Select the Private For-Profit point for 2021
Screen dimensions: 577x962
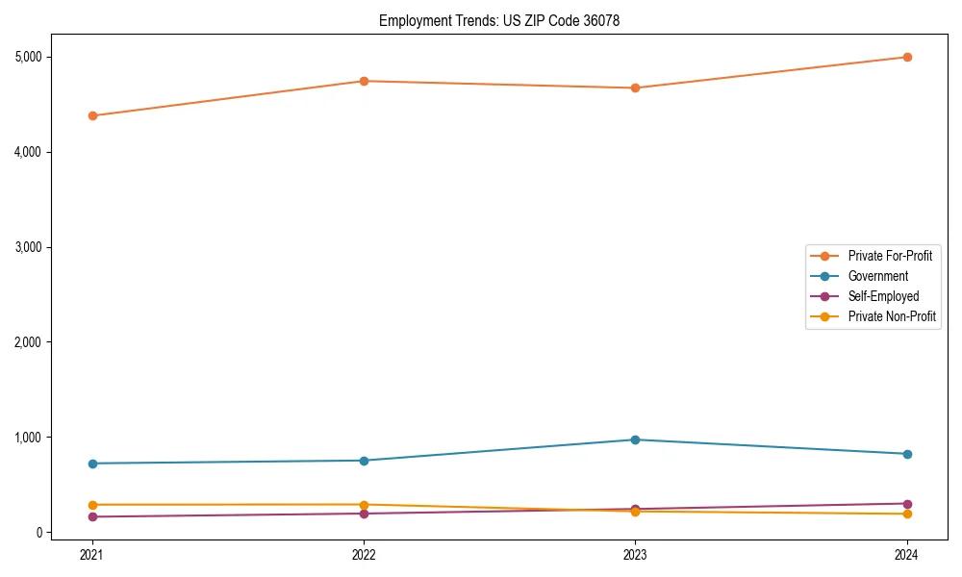pos(92,115)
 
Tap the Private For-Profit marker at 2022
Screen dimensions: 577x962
pos(364,81)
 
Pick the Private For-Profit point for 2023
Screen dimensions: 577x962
pos(635,88)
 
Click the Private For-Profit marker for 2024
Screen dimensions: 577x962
pos(906,57)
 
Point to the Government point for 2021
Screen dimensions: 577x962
pos(92,464)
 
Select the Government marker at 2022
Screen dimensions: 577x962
pos(364,461)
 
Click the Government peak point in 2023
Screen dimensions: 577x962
pos(635,439)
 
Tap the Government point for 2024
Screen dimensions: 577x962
pos(906,454)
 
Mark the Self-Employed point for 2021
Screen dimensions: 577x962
pos(92,516)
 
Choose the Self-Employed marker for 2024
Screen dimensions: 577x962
pos(906,504)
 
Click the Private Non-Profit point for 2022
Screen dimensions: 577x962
pos(364,505)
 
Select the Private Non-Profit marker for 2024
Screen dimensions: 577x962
pos(906,514)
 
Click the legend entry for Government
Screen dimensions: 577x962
pos(877,276)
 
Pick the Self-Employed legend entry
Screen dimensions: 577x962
pos(883,296)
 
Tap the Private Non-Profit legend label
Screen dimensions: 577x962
pos(892,316)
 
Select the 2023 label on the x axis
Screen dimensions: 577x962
pos(635,554)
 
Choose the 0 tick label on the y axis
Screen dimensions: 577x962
pos(39,533)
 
